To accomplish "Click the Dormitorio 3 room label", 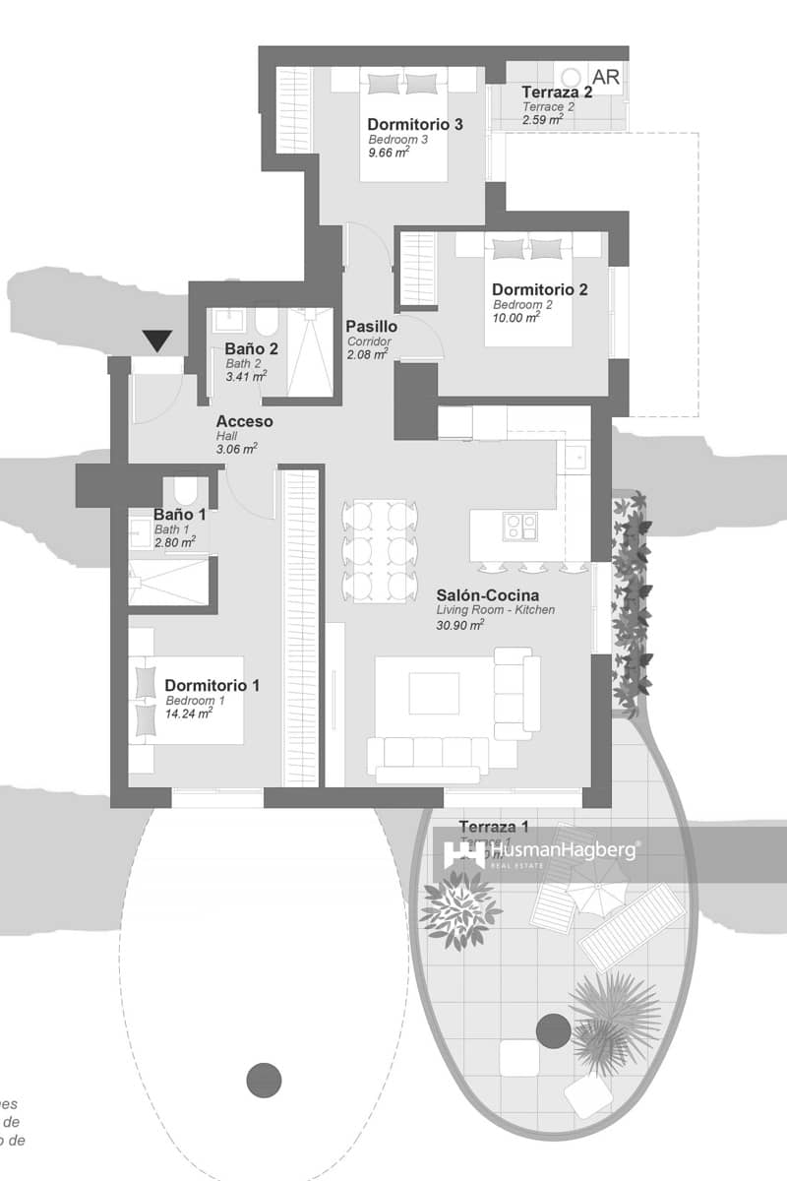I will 415,125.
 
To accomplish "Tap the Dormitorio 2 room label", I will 540,289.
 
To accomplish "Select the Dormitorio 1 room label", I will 212,685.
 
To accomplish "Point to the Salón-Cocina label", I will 488,595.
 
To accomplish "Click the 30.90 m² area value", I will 460,625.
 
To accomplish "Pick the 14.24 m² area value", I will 189,715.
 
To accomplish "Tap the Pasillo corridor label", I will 371,327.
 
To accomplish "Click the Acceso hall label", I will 245,422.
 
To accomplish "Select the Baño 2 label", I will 251,348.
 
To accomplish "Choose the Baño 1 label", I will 180,514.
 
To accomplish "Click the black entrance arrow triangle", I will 157,342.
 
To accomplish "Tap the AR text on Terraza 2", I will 606,77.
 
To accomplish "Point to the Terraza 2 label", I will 557,93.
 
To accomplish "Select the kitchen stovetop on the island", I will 519,527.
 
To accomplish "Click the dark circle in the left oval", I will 263,1080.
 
